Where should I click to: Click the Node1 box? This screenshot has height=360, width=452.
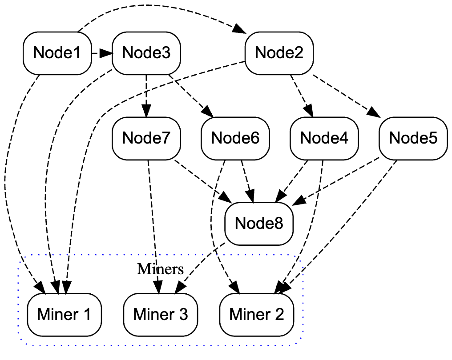[57, 53]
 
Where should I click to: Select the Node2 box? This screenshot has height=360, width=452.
[279, 53]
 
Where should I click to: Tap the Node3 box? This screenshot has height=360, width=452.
[146, 53]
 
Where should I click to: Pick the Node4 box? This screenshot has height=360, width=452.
[324, 138]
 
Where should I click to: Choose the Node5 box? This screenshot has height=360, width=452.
[413, 138]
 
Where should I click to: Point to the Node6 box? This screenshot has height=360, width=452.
[235, 138]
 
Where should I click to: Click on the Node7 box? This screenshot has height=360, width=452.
[146, 138]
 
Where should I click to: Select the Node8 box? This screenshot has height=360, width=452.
[259, 223]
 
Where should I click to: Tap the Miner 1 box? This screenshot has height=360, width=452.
[65, 315]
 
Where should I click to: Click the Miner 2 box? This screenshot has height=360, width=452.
[257, 315]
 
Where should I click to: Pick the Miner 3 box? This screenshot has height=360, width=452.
[161, 315]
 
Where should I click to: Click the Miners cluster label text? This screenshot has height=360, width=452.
[160, 269]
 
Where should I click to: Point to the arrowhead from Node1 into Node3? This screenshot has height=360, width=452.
[106, 53]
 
